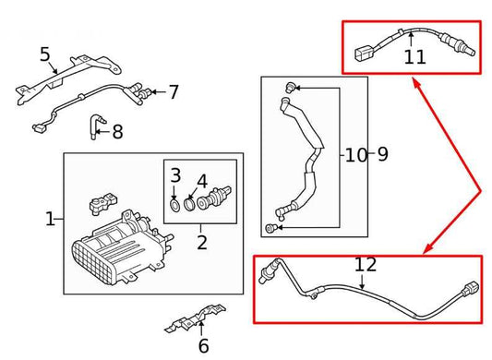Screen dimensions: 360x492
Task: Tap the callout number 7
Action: [173, 91]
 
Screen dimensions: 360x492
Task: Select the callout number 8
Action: [116, 132]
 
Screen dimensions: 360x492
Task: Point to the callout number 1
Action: [50, 219]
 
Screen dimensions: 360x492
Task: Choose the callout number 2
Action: [201, 244]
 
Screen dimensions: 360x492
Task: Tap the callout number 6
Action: [203, 346]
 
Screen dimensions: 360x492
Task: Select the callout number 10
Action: [355, 154]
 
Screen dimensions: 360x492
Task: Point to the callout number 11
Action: [414, 57]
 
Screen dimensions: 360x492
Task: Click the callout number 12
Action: [366, 265]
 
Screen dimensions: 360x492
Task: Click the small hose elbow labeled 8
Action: [94, 126]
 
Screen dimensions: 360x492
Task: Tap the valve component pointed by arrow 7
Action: [143, 91]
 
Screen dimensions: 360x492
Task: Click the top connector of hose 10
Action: [289, 87]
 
